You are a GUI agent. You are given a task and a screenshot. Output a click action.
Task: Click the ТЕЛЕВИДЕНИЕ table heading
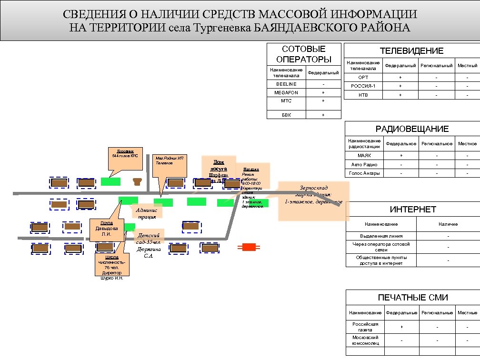click(411, 51)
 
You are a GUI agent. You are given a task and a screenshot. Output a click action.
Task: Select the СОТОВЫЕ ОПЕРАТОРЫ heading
click(304, 54)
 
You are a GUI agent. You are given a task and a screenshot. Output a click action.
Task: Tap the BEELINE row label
click(286, 84)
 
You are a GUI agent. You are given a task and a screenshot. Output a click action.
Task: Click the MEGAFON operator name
click(286, 93)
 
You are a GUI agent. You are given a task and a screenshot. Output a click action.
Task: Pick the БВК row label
click(286, 115)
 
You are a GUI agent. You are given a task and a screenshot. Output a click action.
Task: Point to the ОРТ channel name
click(363, 78)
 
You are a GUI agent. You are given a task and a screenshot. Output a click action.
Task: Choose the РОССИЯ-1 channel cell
click(363, 86)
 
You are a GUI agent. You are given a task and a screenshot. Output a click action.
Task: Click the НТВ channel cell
click(363, 95)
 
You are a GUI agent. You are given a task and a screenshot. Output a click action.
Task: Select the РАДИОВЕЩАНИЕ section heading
click(412, 129)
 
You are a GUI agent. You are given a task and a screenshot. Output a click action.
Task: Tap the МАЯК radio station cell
click(364, 156)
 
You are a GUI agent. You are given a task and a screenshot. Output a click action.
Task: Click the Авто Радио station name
click(364, 164)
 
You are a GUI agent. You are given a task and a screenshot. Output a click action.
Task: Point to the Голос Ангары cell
click(364, 173)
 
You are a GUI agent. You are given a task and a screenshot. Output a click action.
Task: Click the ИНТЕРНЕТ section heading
click(413, 210)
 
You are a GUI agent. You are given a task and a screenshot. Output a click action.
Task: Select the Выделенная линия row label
click(381, 236)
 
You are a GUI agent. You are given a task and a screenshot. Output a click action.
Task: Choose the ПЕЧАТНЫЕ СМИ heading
click(413, 298)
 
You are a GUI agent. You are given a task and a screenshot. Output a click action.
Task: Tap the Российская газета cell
click(365, 327)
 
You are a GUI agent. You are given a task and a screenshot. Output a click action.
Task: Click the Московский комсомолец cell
click(365, 340)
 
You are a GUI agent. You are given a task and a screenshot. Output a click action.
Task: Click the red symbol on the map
click(249, 247)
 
